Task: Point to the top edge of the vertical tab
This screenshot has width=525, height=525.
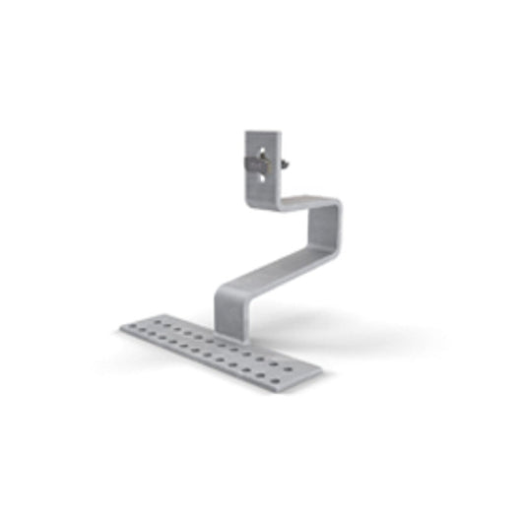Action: click(x=261, y=132)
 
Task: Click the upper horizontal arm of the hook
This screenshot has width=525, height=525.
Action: click(x=305, y=205)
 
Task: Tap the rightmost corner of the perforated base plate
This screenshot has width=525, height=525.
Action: click(x=321, y=371)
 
